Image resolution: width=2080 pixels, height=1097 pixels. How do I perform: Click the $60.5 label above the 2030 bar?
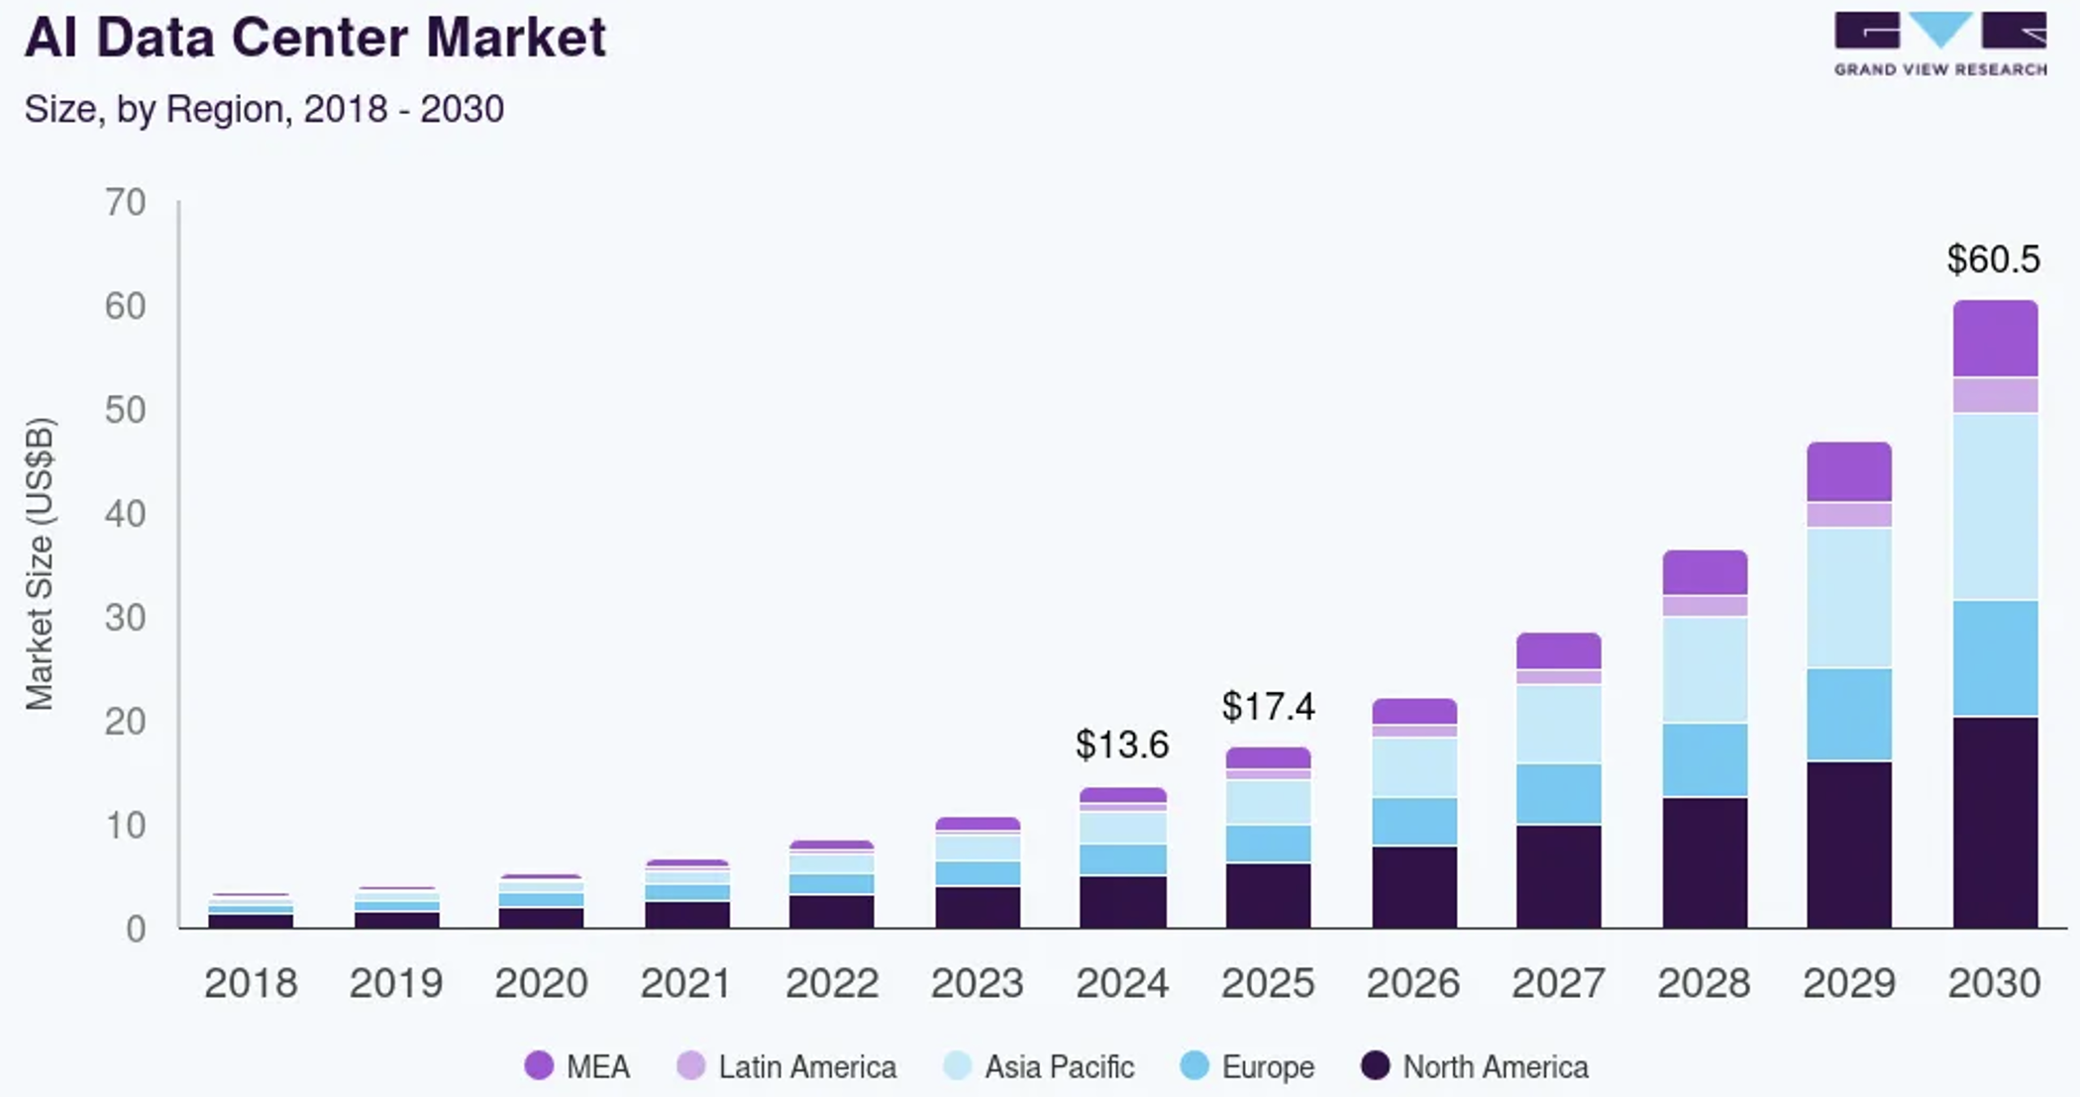tap(1993, 259)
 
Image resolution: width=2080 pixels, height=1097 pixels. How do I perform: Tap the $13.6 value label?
tap(1122, 745)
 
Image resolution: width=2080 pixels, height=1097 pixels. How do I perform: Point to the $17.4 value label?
tap(1268, 707)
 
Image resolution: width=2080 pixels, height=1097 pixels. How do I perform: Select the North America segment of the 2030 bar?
tap(1995, 822)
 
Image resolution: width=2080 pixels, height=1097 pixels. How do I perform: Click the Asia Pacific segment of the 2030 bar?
tap(1995, 507)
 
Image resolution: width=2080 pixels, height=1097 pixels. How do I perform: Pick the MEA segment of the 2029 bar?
tap(1849, 472)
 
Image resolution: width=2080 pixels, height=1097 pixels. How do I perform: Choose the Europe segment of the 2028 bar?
tap(1705, 759)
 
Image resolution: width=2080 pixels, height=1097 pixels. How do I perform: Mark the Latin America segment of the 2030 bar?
tap(1995, 395)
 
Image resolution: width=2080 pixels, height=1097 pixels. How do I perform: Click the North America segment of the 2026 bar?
tap(1414, 886)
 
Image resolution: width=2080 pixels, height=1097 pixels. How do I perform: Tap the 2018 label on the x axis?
tap(251, 983)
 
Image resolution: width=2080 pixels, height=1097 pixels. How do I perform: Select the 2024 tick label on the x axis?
tap(1122, 983)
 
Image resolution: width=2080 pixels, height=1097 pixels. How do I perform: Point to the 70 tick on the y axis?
tap(126, 203)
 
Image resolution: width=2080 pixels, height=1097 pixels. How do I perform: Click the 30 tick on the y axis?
tap(126, 618)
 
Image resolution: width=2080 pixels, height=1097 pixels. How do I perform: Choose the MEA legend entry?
tap(578, 1066)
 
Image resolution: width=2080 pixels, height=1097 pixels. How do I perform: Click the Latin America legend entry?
tap(786, 1066)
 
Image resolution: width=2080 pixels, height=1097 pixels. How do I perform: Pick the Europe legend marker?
tap(1196, 1066)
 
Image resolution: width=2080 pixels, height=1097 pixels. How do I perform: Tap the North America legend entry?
tap(1475, 1066)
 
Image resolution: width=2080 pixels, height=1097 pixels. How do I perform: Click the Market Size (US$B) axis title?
tap(40, 564)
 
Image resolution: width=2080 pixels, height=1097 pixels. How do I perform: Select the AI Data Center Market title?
tap(315, 38)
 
